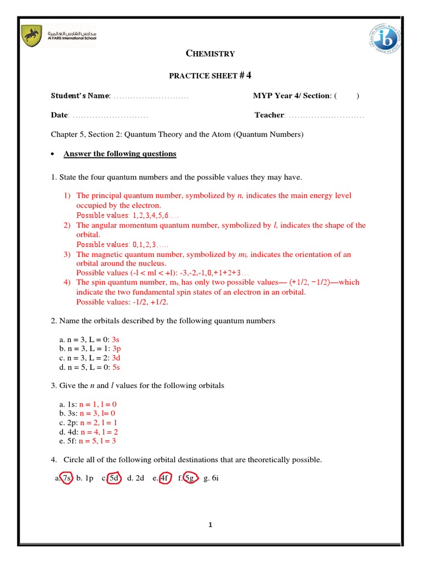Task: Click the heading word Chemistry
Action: [210, 53]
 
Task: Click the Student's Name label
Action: [81, 96]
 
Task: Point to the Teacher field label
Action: [269, 115]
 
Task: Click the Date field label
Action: [59, 115]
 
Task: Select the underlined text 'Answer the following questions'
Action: [120, 154]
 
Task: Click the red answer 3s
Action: [115, 340]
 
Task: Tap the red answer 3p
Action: [116, 349]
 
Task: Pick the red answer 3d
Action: [116, 358]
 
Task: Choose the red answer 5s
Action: [116, 367]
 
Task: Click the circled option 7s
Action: [66, 478]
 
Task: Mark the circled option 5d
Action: [114, 478]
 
